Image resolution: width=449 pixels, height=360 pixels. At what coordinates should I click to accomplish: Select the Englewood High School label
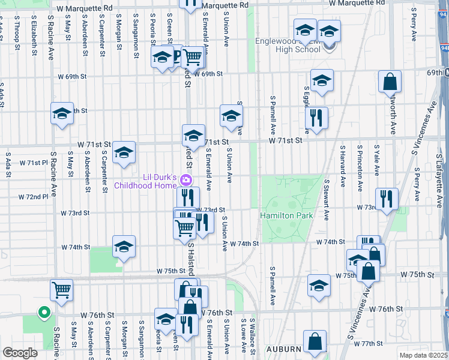pyautogui.click(x=287, y=45)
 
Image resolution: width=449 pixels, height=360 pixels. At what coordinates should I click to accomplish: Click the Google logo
pyautogui.click(x=20, y=353)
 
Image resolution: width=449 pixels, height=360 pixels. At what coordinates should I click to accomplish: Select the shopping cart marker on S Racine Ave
pyautogui.click(x=61, y=290)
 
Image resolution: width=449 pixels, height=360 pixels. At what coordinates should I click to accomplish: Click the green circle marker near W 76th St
pyautogui.click(x=43, y=312)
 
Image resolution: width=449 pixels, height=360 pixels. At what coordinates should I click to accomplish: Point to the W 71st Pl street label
pyautogui.click(x=32, y=163)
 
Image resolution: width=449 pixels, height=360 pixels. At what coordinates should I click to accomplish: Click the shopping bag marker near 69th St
pyautogui.click(x=390, y=81)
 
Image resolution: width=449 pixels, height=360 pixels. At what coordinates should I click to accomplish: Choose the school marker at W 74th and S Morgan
pyautogui.click(x=124, y=247)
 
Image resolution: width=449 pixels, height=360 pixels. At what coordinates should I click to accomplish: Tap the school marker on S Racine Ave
pyautogui.click(x=62, y=114)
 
